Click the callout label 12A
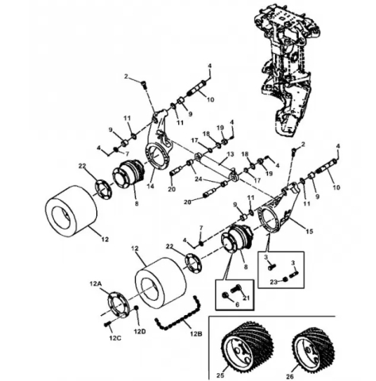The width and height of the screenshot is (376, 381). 95,283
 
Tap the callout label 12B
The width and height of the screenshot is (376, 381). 196,333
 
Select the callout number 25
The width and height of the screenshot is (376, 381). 220,375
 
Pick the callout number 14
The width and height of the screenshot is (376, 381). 150,186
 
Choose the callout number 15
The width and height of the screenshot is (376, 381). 309,231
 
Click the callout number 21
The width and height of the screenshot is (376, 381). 246,298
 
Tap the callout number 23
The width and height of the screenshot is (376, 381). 273,282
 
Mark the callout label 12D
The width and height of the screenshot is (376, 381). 140,331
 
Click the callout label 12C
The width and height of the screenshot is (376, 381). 115,337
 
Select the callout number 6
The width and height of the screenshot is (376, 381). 237,304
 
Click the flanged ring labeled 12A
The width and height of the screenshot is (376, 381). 118,303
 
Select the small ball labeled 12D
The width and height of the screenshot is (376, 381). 136,307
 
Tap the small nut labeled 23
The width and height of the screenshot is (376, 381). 285,279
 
